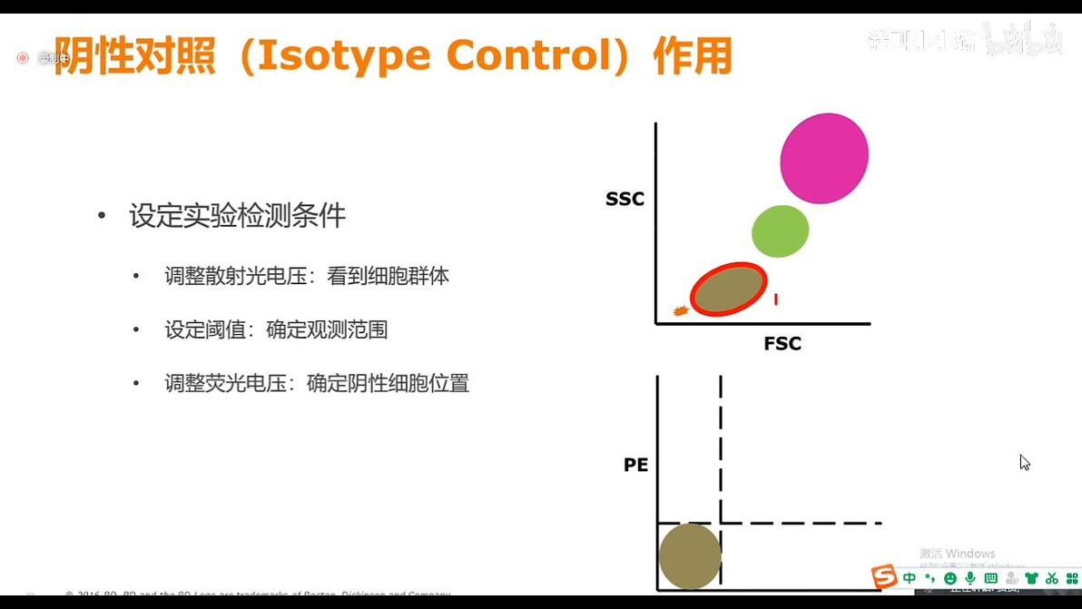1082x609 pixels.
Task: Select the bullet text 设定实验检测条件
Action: (x=237, y=216)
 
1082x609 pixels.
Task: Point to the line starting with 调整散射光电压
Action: (x=306, y=276)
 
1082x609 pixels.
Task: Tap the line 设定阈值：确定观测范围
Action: (x=276, y=329)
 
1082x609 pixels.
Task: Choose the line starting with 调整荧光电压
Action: (x=316, y=383)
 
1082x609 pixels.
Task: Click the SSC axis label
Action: (x=625, y=199)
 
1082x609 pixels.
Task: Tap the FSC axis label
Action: (x=782, y=344)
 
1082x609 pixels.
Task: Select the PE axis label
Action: (x=635, y=465)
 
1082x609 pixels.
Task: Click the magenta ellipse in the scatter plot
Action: (x=824, y=158)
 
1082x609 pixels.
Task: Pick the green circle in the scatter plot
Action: (x=780, y=231)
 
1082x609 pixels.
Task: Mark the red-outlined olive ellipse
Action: (x=728, y=290)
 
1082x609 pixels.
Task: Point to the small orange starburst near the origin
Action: (x=681, y=311)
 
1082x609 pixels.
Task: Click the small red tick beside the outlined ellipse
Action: (x=776, y=299)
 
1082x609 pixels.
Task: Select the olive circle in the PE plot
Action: (x=689, y=556)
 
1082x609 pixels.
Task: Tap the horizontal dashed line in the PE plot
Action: (x=799, y=523)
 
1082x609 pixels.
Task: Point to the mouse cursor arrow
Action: (x=1024, y=462)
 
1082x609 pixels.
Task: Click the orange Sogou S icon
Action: (x=883, y=577)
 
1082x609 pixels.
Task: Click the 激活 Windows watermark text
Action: (x=957, y=554)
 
